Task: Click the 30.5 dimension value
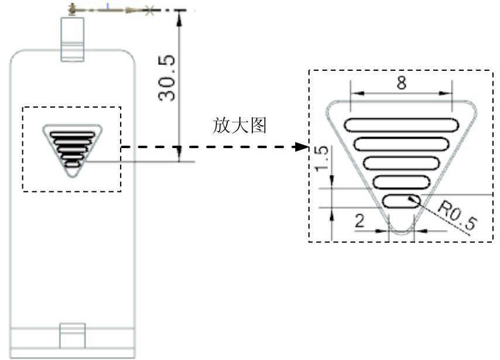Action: tap(169, 80)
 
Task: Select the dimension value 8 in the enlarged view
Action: tap(401, 83)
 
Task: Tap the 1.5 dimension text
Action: tap(321, 160)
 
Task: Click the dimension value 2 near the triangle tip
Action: tap(360, 221)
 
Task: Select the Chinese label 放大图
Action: tap(240, 126)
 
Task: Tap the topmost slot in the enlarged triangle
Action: tap(402, 124)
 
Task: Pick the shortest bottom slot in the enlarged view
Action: tap(401, 201)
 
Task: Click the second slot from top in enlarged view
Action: tap(402, 143)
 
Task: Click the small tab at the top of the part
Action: tap(73, 38)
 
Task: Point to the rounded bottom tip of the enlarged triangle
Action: tap(402, 231)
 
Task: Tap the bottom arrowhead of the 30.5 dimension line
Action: tap(180, 157)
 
